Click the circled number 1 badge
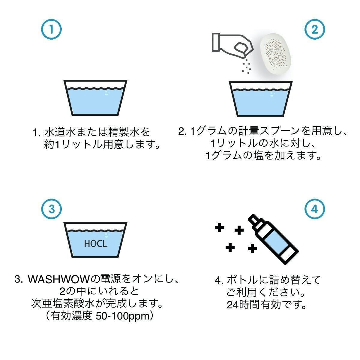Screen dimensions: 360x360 [51, 29]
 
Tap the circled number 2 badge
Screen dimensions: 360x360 [315, 29]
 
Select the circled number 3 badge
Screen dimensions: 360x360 [51, 209]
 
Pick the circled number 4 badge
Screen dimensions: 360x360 [315, 209]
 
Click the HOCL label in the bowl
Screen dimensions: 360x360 [95, 244]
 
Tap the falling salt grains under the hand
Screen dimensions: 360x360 [247, 66]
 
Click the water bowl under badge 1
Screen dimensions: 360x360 [95, 98]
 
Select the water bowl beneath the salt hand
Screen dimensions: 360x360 [261, 99]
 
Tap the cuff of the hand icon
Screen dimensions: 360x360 [216, 42]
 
